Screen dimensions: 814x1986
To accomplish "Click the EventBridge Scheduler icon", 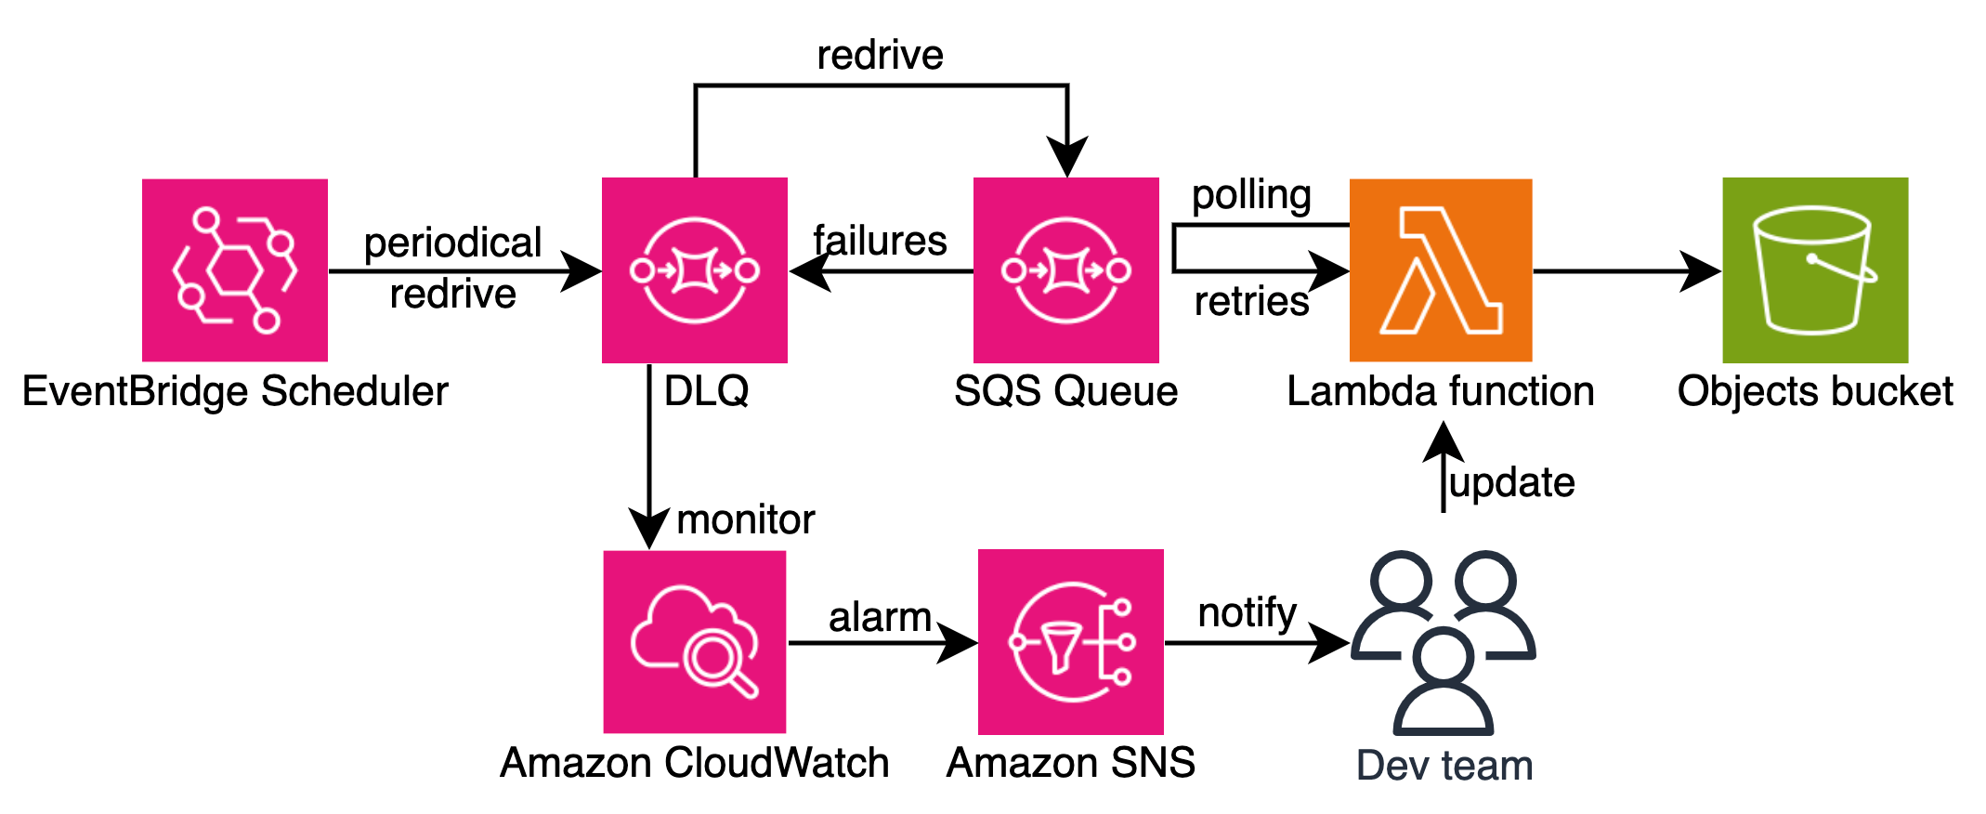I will click(x=234, y=270).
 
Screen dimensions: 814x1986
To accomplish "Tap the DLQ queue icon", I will click(x=695, y=270).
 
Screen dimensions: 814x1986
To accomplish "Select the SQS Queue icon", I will click(x=1066, y=270).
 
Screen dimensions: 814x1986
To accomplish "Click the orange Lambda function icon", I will click(x=1440, y=270).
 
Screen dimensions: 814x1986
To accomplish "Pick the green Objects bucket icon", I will click(x=1815, y=270).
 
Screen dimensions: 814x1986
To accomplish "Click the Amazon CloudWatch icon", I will click(x=695, y=642).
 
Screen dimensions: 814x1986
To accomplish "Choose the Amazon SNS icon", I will click(x=1070, y=642).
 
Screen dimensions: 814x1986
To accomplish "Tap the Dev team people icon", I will click(x=1444, y=642).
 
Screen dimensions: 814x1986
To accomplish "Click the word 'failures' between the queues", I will click(x=880, y=241).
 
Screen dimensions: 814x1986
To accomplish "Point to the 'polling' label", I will click(x=1251, y=195).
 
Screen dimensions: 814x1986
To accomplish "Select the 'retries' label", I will click(x=1251, y=302).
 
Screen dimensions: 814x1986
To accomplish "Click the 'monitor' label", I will click(x=745, y=519).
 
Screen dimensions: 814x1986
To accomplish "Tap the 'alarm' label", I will click(x=880, y=617).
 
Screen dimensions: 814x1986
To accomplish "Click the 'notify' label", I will click(x=1247, y=613).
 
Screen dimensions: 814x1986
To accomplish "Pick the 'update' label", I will click(x=1512, y=482).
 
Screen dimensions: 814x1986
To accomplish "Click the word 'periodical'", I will click(x=452, y=243).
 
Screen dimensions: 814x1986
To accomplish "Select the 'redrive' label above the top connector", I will click(x=880, y=55).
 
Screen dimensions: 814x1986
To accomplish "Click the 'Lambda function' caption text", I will click(x=1440, y=391).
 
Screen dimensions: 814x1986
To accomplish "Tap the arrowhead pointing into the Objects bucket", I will click(x=1702, y=271).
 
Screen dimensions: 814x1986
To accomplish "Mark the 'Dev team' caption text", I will click(x=1444, y=766).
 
